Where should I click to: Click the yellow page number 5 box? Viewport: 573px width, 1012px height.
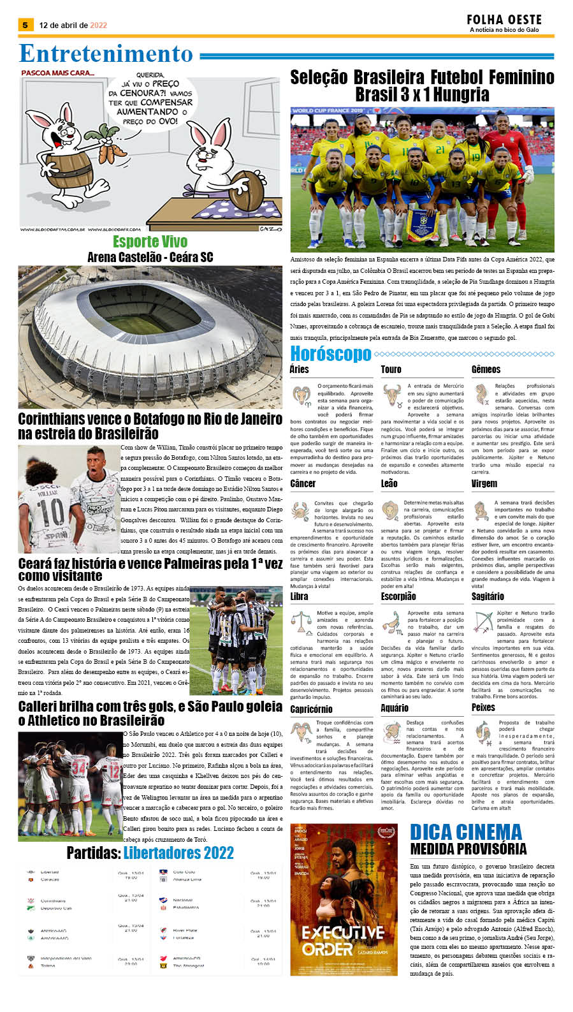[x=25, y=25]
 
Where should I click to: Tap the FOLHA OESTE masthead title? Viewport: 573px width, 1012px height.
[x=504, y=20]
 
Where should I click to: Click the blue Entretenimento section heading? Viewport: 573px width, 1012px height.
[x=106, y=54]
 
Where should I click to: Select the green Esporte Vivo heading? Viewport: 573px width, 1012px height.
[x=150, y=242]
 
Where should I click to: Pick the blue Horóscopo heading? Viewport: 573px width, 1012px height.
[x=330, y=353]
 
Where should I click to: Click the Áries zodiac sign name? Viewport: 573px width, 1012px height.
[x=299, y=369]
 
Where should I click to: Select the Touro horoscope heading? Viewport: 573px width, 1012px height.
[x=391, y=369]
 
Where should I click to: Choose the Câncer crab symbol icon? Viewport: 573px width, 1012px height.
[x=300, y=510]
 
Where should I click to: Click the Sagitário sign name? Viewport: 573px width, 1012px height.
[x=488, y=596]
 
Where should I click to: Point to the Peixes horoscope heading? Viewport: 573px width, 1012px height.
[x=482, y=707]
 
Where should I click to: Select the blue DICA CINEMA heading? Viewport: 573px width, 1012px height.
[x=465, y=832]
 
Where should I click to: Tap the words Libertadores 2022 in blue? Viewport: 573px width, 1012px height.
[x=178, y=853]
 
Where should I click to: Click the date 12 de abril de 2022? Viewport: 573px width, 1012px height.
[x=73, y=26]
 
